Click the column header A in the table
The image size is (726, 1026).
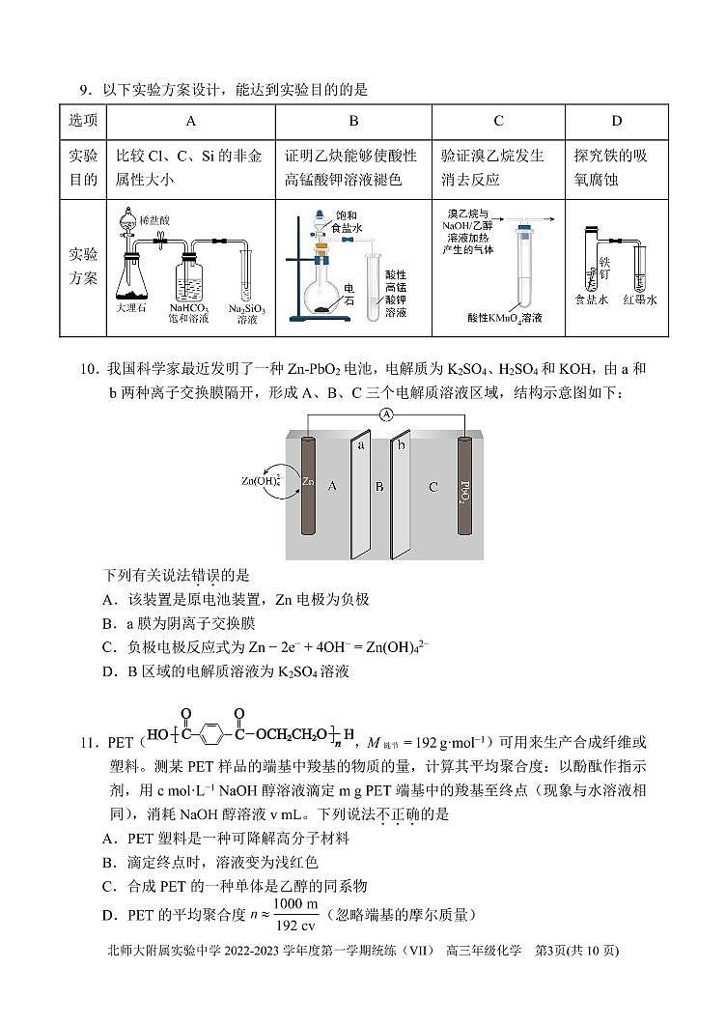click(x=190, y=121)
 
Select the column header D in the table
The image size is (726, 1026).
click(x=616, y=121)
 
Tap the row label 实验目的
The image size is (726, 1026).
click(x=82, y=168)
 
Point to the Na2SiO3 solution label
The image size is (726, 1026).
click(x=247, y=312)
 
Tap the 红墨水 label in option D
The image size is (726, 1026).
click(x=639, y=299)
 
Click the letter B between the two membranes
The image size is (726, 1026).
click(x=379, y=487)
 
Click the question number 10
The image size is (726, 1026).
click(x=89, y=368)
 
